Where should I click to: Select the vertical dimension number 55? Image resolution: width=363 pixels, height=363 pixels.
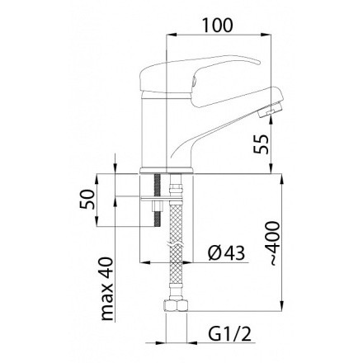tap(260, 145)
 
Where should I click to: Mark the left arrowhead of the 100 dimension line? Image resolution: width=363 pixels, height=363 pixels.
tap(171, 35)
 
